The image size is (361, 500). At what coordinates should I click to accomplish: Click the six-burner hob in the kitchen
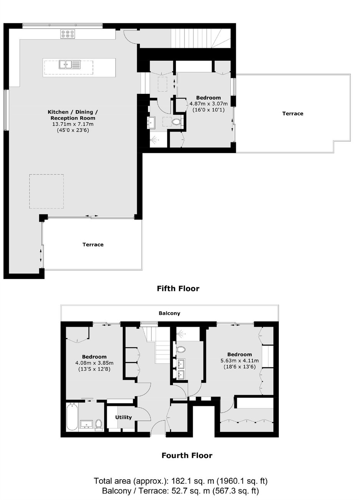pyautogui.click(x=68, y=34)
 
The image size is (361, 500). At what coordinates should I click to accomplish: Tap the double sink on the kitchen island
pyautogui.click(x=70, y=65)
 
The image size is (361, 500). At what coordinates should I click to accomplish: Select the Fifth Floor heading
pyautogui.click(x=178, y=289)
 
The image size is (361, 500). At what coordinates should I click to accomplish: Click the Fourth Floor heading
pyautogui.click(x=187, y=455)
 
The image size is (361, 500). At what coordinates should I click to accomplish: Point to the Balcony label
pyautogui.click(x=169, y=313)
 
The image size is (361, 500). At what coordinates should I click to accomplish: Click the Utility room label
pyautogui.click(x=123, y=417)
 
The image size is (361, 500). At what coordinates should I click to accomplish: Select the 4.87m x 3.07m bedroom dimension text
pyautogui.click(x=209, y=103)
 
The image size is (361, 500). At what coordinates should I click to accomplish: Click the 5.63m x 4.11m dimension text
pyautogui.click(x=240, y=360)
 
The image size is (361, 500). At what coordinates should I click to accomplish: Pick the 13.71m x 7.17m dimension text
pyautogui.click(x=73, y=124)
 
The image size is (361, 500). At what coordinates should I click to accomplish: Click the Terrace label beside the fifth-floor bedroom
pyautogui.click(x=293, y=114)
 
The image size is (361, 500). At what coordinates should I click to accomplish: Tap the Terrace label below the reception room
pyautogui.click(x=93, y=245)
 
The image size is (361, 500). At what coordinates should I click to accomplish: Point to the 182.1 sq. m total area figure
pyautogui.click(x=192, y=481)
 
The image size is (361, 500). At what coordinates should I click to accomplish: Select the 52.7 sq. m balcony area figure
pyautogui.click(x=191, y=491)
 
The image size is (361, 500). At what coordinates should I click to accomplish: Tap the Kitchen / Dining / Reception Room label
pyautogui.click(x=73, y=115)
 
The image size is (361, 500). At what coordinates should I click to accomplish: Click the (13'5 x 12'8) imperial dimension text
pyautogui.click(x=94, y=369)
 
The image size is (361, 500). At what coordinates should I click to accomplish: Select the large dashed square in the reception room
pyautogui.click(x=46, y=191)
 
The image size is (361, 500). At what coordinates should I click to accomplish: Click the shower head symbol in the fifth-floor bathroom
pyautogui.click(x=154, y=140)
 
